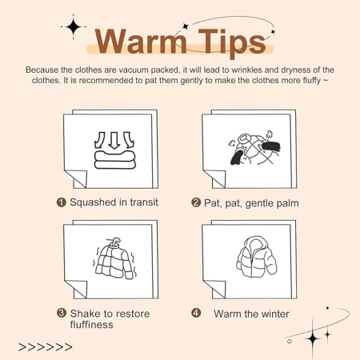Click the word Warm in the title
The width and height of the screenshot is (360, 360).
(x=141, y=42)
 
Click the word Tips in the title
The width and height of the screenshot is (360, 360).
(x=232, y=43)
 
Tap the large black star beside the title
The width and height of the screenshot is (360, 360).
(x=74, y=26)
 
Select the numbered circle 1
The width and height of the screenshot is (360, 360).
(x=62, y=202)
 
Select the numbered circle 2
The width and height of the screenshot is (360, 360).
(x=196, y=202)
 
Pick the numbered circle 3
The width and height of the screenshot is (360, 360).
(x=62, y=313)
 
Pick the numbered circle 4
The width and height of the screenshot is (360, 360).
(x=196, y=313)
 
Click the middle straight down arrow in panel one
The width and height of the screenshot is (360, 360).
(x=114, y=140)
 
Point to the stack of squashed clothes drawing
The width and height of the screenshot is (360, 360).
(x=115, y=159)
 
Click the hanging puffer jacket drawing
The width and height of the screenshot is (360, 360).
(x=114, y=259)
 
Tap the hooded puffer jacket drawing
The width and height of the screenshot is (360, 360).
(x=257, y=257)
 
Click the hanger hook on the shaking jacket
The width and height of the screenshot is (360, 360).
(x=115, y=242)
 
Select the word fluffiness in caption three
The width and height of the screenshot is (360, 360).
(x=91, y=325)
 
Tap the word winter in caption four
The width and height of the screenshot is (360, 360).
(x=274, y=314)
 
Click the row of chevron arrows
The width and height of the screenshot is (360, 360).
(x=46, y=347)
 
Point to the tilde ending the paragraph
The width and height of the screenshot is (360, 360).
(x=326, y=80)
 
